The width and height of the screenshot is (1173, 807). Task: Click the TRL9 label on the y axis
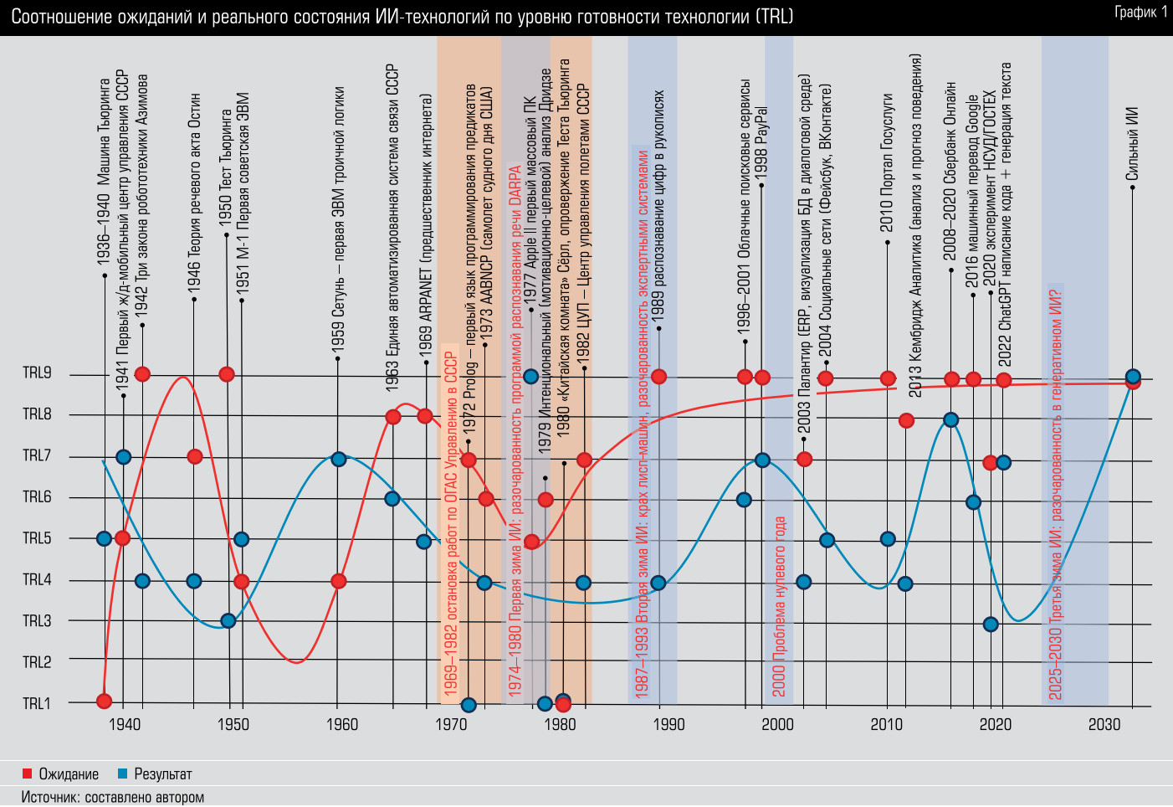(37, 373)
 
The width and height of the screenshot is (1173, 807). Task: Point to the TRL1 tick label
(37, 703)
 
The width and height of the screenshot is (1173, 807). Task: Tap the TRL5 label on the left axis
(37, 538)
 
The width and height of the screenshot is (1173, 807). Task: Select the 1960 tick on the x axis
(341, 724)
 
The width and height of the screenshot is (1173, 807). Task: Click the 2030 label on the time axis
(1104, 724)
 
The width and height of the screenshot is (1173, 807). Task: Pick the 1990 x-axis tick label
(668, 724)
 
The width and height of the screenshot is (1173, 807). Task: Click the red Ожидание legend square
(28, 774)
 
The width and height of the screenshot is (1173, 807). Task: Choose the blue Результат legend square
(123, 774)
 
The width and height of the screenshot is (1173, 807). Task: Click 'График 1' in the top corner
(1140, 12)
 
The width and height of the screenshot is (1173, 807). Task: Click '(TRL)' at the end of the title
(773, 17)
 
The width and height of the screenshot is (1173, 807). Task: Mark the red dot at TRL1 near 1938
(104, 701)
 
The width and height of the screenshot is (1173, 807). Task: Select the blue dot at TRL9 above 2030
(1133, 377)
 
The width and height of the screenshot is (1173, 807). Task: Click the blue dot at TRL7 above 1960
(338, 459)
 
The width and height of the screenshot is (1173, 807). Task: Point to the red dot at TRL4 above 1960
(338, 581)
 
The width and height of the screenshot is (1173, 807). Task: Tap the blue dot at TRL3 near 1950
(228, 620)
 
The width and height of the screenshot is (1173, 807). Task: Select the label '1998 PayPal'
(761, 130)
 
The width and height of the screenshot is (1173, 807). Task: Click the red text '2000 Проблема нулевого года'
(779, 606)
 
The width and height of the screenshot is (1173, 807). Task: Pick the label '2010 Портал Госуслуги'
(887, 162)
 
